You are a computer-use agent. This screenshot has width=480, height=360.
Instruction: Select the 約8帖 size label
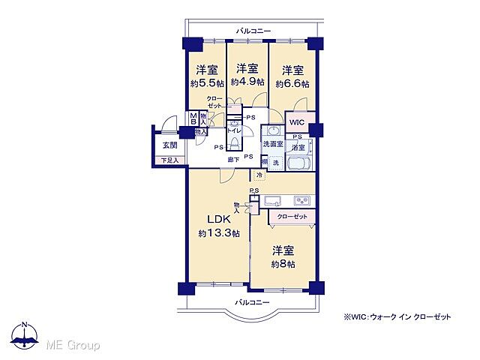[x=283, y=264]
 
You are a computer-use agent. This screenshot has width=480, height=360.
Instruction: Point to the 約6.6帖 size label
[x=292, y=82]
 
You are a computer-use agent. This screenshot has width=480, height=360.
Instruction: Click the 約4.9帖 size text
[x=247, y=82]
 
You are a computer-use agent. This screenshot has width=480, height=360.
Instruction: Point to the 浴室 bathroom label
[x=299, y=148]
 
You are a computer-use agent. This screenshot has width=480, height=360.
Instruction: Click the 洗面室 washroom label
[x=272, y=144]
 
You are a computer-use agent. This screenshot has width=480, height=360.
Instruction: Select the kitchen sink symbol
[x=272, y=199]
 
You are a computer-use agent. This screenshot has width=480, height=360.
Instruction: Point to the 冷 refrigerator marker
[x=259, y=175]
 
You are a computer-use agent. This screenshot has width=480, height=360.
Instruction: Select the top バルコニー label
[x=253, y=31]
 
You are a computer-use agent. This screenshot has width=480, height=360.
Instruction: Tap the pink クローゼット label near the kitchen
[x=292, y=216]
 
